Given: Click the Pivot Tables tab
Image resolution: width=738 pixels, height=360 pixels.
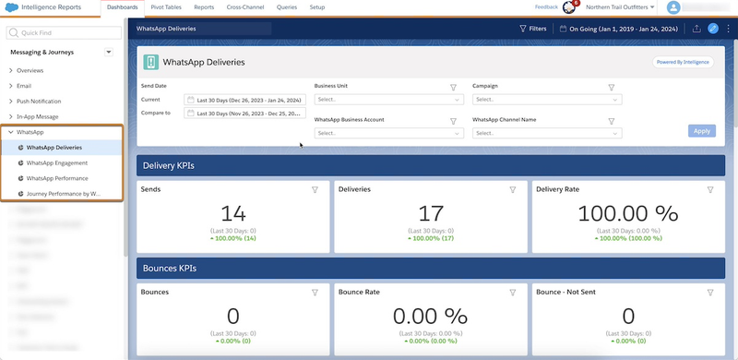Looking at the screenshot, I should point(166,7).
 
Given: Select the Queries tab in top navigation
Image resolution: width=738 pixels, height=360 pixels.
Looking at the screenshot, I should point(286,7).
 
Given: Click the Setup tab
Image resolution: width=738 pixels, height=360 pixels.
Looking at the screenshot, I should point(316,7).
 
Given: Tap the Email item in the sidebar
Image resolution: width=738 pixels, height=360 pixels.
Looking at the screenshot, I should point(24,86).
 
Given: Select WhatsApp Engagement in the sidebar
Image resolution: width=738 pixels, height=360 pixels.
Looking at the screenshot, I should point(57,162).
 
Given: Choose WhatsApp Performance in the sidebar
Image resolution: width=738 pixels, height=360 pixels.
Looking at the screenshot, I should point(57,177).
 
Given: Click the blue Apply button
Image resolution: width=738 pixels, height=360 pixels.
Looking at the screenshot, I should point(702,131).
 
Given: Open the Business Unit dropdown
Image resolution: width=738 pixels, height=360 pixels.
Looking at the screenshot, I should point(388,99).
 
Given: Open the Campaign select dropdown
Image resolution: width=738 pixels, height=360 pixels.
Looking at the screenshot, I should point(547,99).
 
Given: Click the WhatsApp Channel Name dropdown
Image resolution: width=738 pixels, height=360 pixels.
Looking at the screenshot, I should point(547,133).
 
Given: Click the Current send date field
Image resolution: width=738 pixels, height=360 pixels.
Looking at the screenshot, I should point(244,99).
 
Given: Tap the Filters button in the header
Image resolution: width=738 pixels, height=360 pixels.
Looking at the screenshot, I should point(533,29).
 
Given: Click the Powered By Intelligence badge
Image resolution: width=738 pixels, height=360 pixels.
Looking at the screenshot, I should point(684,63).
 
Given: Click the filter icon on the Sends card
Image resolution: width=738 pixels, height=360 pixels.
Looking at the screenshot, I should point(315,189).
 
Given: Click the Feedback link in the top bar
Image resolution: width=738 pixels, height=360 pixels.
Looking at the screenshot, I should point(546,7).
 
